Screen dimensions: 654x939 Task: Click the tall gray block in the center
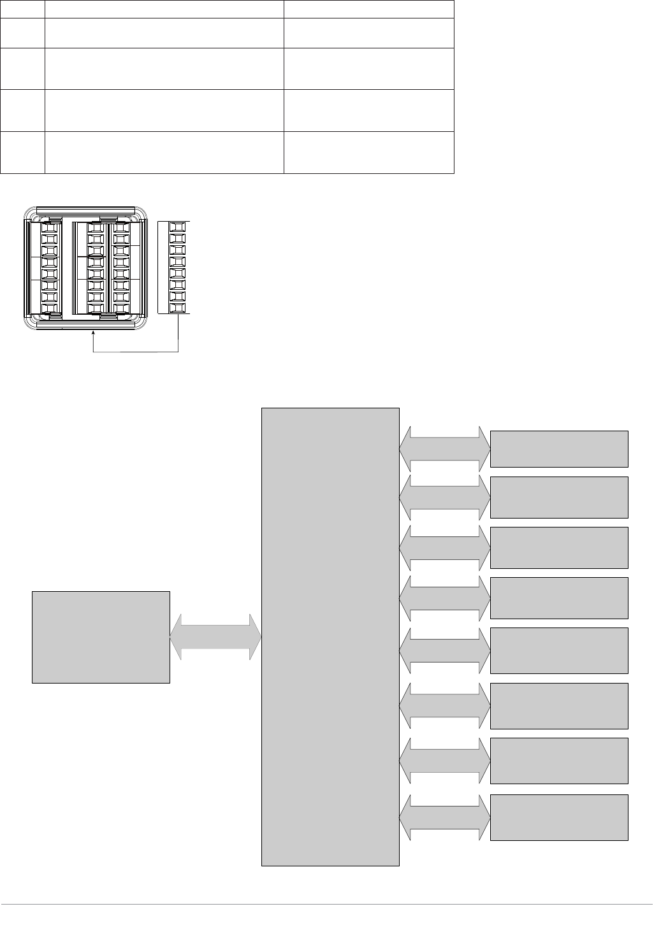pyautogui.click(x=330, y=636)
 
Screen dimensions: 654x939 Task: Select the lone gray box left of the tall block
pyautogui.click(x=101, y=637)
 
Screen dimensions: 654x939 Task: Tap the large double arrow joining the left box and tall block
pyautogui.click(x=215, y=636)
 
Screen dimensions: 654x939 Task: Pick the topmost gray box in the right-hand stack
pyautogui.click(x=559, y=449)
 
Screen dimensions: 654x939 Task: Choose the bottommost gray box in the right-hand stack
pyautogui.click(x=559, y=817)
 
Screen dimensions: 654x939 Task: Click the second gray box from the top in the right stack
pyautogui.click(x=559, y=497)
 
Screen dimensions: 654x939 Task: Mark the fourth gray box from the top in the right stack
pyautogui.click(x=559, y=598)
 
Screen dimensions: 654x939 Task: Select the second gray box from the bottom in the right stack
pyautogui.click(x=559, y=761)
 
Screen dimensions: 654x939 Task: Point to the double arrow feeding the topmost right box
pyautogui.click(x=444, y=449)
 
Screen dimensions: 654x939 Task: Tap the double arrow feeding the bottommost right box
pyautogui.click(x=444, y=818)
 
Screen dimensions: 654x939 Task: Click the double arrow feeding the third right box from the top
pyautogui.click(x=444, y=547)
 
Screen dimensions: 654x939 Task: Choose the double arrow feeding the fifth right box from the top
pyautogui.click(x=444, y=650)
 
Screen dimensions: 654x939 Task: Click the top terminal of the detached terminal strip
pyautogui.click(x=178, y=227)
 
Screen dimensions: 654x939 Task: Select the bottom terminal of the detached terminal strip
pyautogui.click(x=178, y=308)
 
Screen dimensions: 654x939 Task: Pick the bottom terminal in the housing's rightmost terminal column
pyautogui.click(x=121, y=308)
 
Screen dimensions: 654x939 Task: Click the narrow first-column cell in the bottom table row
pyautogui.click(x=22, y=152)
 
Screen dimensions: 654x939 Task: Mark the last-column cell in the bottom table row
pyautogui.click(x=368, y=152)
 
